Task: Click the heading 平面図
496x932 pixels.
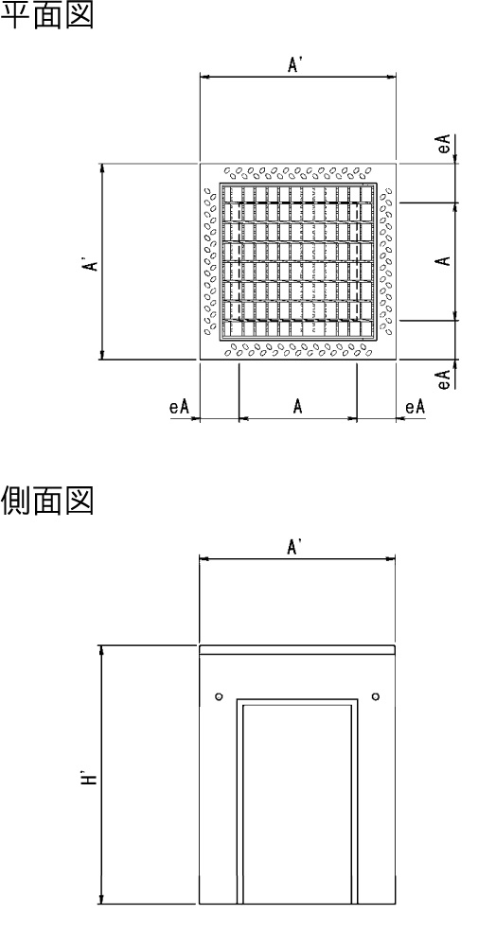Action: [47, 15]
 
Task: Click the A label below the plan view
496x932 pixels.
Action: [298, 407]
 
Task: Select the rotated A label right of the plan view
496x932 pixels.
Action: [443, 260]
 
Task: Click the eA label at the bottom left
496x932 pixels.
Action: [179, 407]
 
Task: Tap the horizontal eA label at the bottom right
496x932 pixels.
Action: [416, 407]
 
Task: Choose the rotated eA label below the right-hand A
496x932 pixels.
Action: [444, 379]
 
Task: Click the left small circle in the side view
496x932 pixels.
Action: [219, 696]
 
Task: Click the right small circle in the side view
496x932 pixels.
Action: [375, 696]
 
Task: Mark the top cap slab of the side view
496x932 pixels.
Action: [297, 650]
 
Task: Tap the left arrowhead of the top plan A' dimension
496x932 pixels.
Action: [204, 77]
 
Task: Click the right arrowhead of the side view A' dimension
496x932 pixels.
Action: [391, 558]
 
